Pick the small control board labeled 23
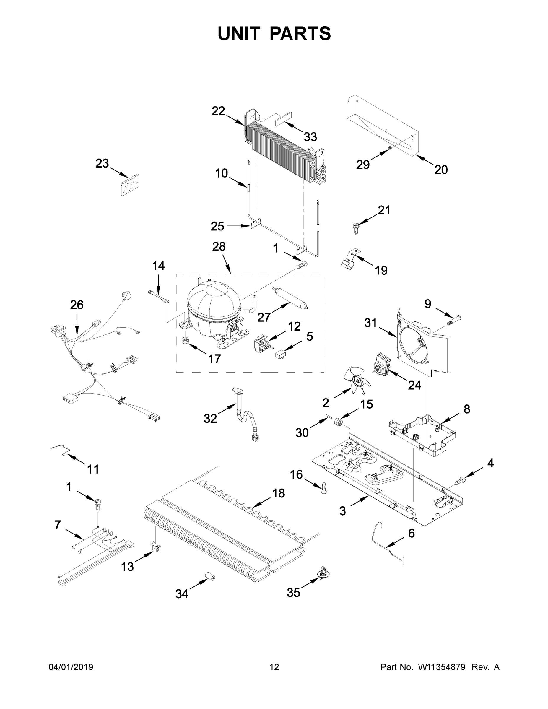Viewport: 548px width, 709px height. (130, 185)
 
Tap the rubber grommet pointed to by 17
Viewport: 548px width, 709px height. (185, 341)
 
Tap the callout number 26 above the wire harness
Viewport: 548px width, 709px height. (77, 305)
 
